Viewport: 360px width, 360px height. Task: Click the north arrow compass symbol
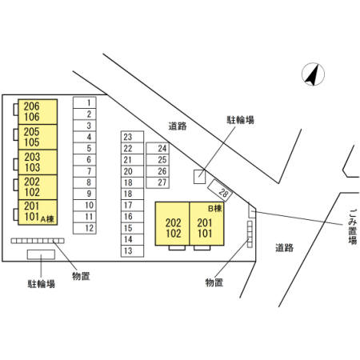(313, 74)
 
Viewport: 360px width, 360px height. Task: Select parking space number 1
(85, 102)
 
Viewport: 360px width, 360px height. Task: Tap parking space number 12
(85, 228)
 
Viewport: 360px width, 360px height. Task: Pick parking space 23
(132, 137)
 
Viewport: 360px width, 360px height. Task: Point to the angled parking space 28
(220, 190)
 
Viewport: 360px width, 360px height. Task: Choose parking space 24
(158, 148)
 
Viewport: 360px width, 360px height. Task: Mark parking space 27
(158, 182)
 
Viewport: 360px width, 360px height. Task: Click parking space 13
(132, 251)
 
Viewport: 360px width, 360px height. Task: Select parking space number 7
(85, 171)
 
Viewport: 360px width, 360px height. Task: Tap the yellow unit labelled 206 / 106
(38, 112)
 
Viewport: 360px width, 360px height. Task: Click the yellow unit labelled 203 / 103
(38, 162)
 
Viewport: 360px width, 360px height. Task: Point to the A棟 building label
(47, 219)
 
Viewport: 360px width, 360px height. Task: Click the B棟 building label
(215, 208)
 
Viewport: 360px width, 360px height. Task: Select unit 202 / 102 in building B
(173, 223)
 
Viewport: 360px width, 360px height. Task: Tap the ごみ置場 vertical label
(352, 227)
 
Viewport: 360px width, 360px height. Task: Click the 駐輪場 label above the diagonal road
(240, 120)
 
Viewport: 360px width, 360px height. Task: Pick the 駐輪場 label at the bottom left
(42, 284)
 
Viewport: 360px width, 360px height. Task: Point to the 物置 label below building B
(214, 282)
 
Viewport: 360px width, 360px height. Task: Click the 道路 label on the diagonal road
(178, 126)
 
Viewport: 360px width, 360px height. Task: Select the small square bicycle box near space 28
(199, 177)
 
